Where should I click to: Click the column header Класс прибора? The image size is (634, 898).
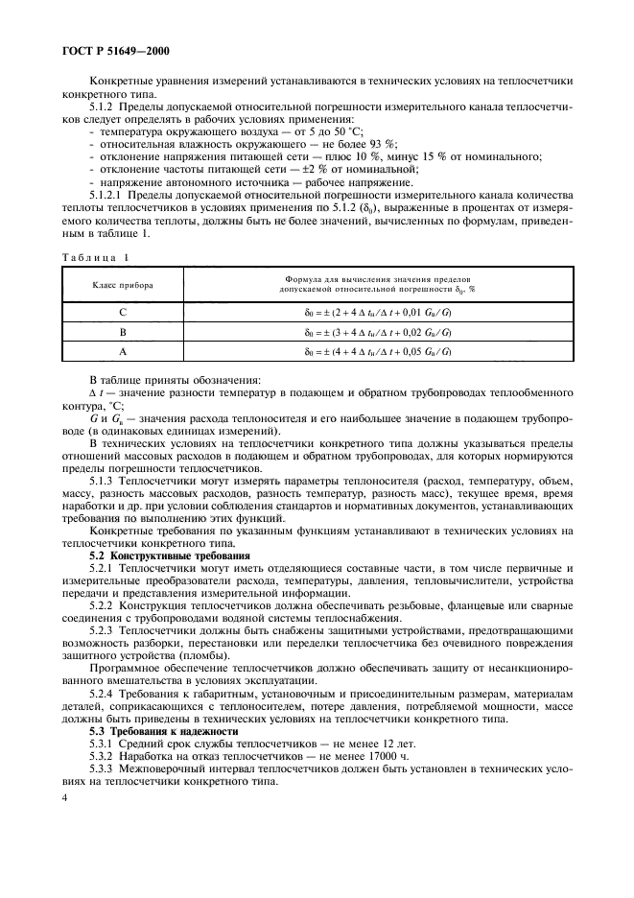[122, 285]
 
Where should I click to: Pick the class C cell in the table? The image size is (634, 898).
[122, 312]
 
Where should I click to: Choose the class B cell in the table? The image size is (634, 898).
[122, 332]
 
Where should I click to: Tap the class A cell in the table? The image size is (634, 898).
[122, 352]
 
